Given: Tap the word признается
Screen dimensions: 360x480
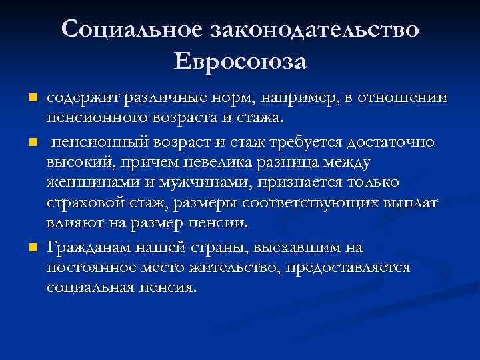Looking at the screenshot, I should pos(303,182).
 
